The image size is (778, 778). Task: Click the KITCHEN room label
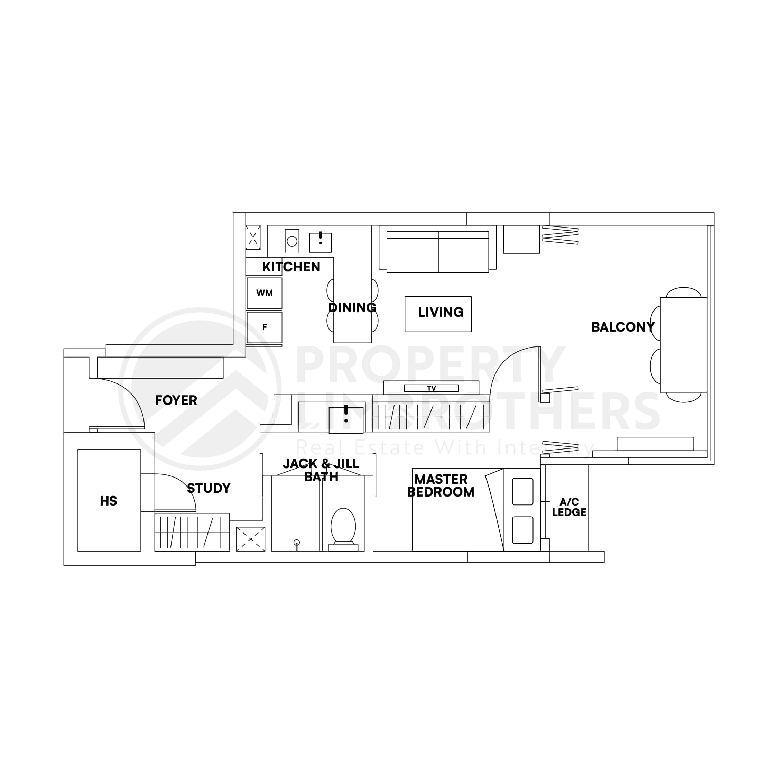pos(291,267)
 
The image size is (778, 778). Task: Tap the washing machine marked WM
pos(264,293)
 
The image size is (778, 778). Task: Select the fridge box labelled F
pos(264,327)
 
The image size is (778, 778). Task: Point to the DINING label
pos(352,308)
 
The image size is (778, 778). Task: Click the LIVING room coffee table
pos(438,314)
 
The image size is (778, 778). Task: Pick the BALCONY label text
pos(622,327)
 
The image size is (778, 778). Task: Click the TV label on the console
pos(431,388)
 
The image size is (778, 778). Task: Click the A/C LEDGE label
pos(569,507)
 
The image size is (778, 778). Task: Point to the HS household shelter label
pos(108,501)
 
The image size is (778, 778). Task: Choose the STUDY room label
pos(209,488)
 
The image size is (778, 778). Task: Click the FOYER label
pos(176,400)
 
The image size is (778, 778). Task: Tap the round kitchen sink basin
pos(292,241)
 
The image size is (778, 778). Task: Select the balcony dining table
pos(683,345)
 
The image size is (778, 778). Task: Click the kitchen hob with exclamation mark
pos(321,242)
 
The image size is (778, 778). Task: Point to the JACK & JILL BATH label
pos(321,470)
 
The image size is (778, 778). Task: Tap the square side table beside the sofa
pos(521,239)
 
